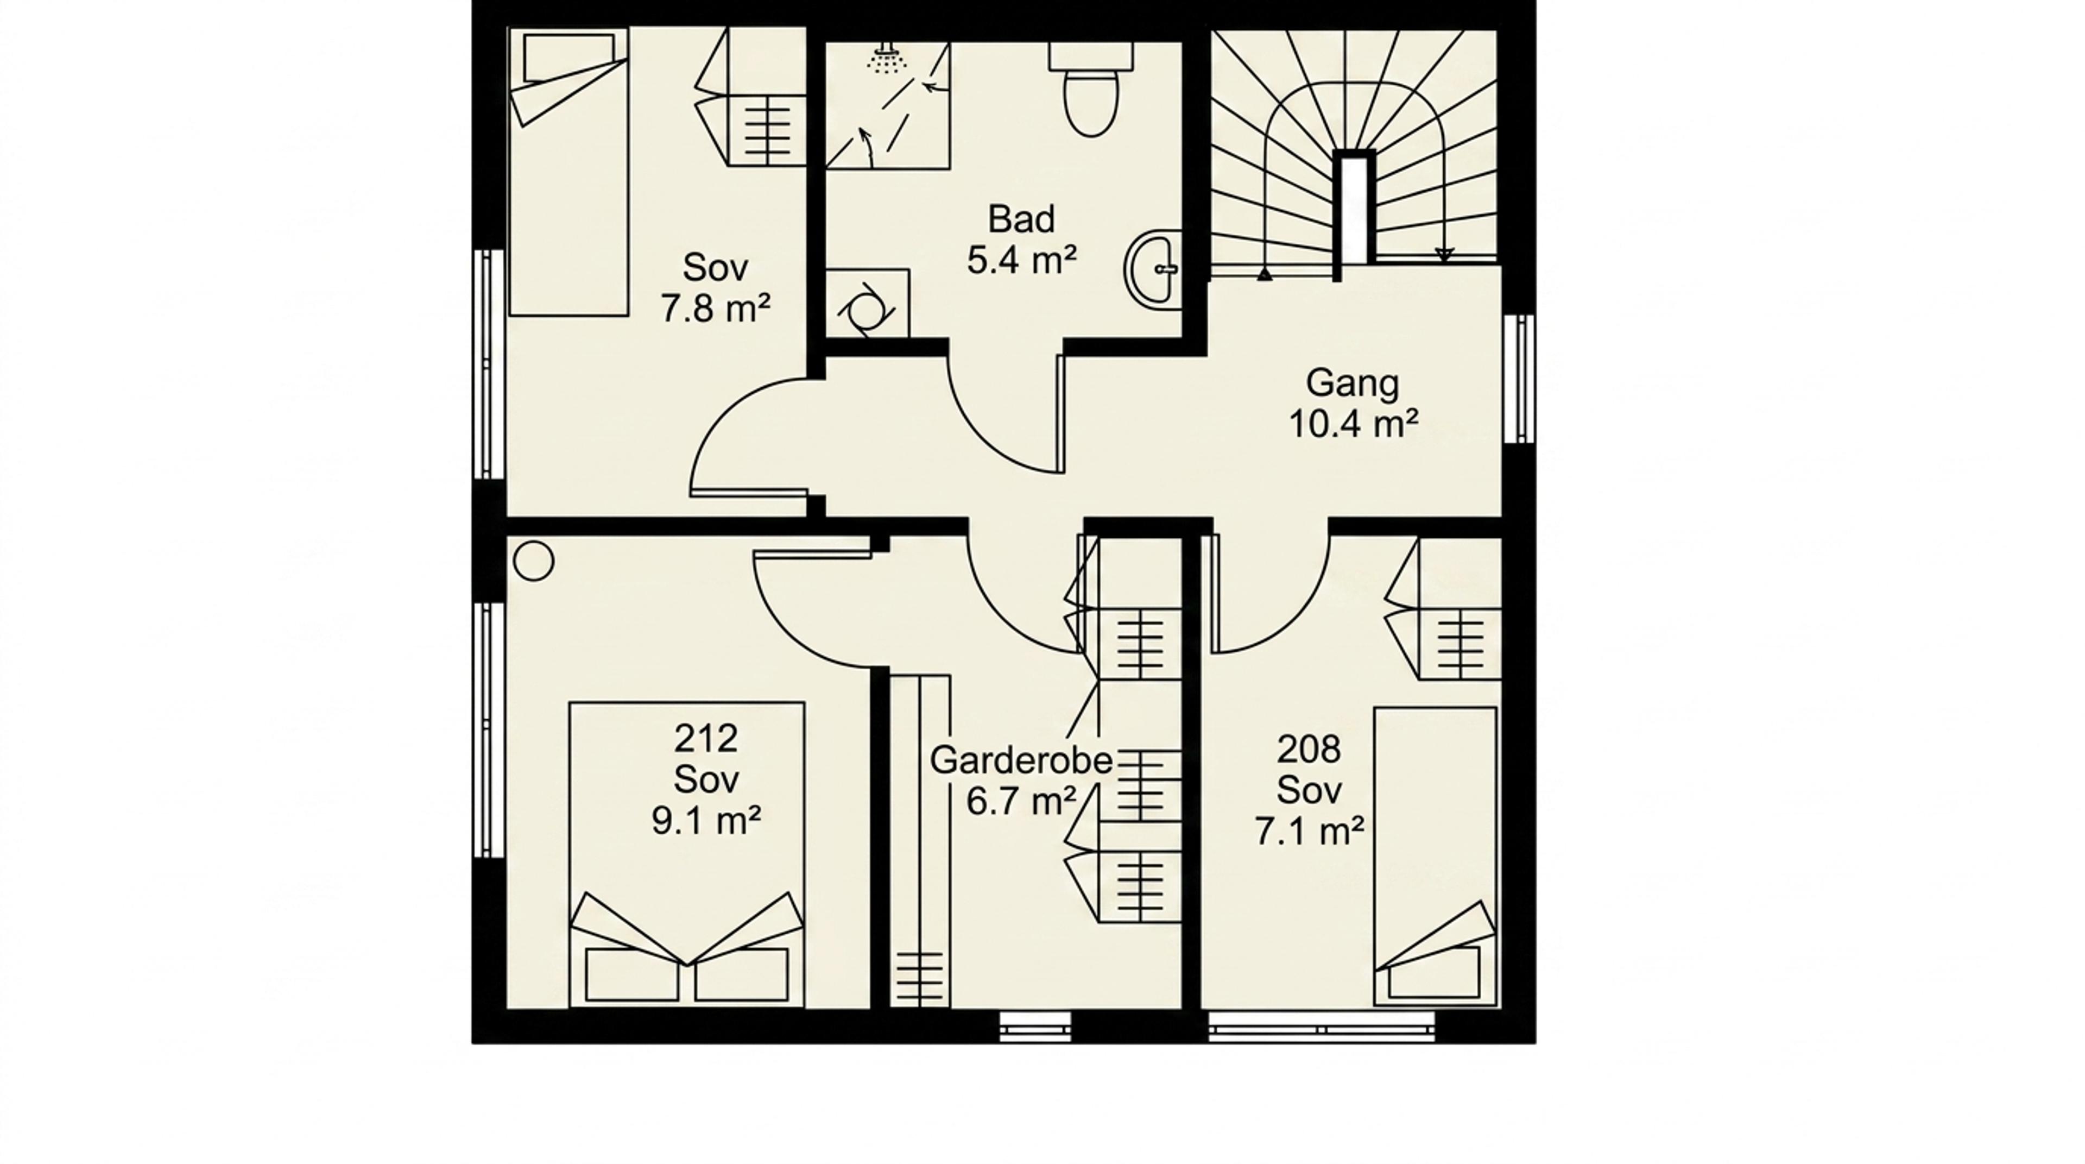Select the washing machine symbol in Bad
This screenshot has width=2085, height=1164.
(867, 304)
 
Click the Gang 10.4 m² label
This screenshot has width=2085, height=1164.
(1353, 403)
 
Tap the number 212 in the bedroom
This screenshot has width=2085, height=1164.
(706, 738)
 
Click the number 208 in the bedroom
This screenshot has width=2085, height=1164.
(1309, 750)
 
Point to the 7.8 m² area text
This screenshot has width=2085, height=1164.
(716, 309)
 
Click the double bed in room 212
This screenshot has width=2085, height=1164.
(686, 855)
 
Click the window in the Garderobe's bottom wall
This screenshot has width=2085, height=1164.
(1035, 1027)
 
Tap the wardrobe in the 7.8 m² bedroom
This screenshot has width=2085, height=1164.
(752, 97)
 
